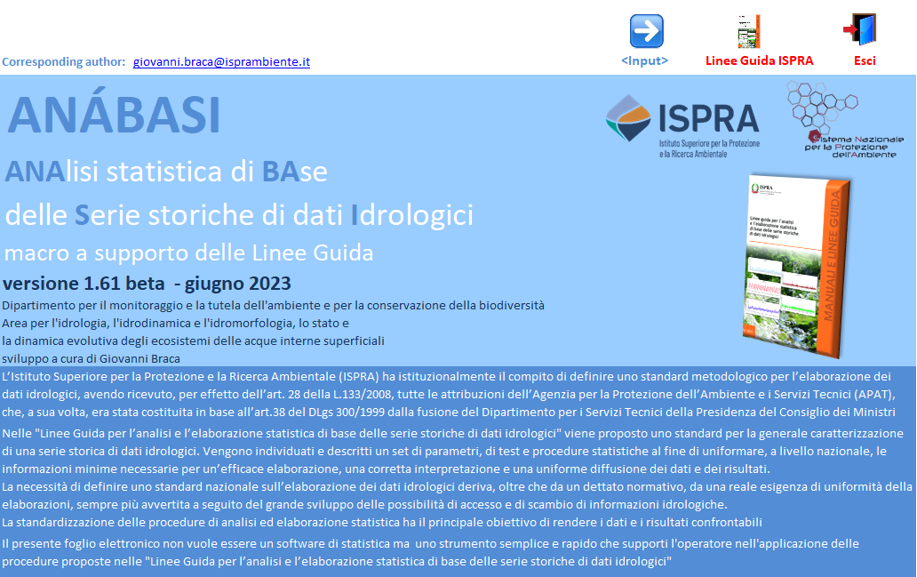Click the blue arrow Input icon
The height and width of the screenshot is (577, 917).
[646, 31]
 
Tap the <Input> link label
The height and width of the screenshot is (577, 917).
[645, 61]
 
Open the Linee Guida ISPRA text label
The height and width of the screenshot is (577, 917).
[760, 61]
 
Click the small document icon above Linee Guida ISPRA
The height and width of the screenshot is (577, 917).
[748, 31]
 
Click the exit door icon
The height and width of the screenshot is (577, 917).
[860, 29]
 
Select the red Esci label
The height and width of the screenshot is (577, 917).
[865, 61]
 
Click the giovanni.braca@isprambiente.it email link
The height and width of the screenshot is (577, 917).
[221, 62]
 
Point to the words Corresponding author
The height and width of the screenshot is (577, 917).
[64, 62]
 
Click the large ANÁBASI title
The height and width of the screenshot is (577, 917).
[114, 116]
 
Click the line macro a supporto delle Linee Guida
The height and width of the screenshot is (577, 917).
[188, 253]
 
